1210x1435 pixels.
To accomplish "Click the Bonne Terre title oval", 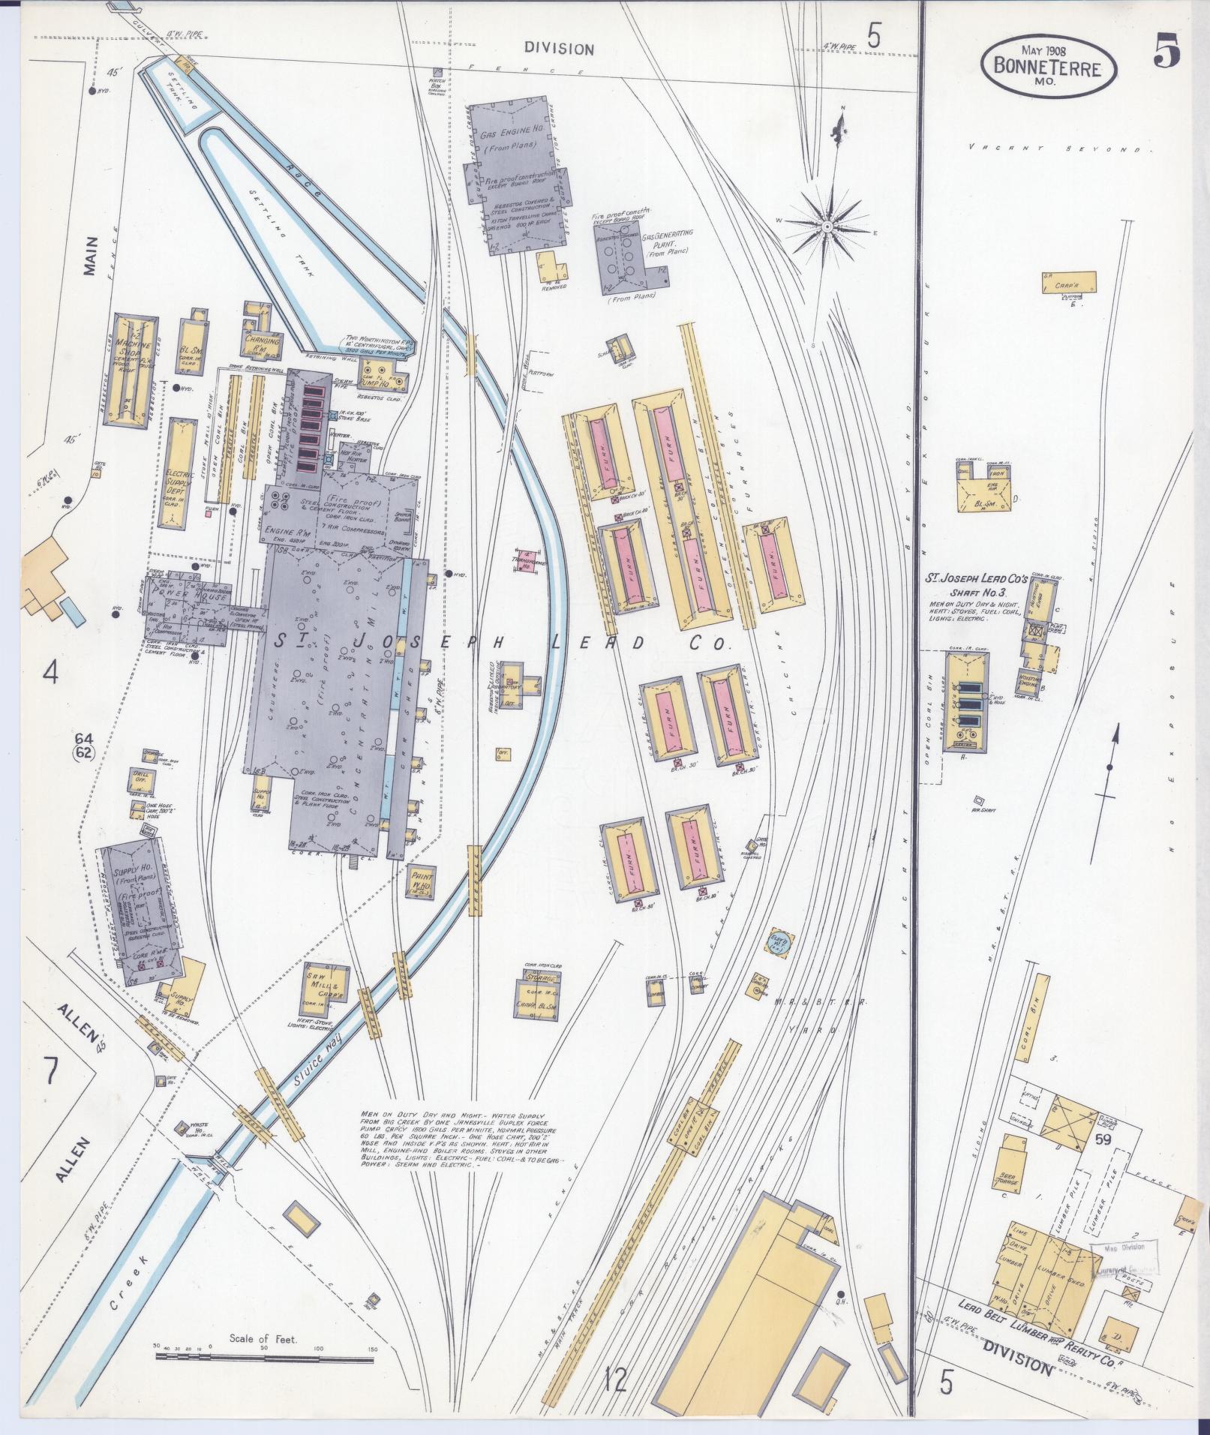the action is point(1047,68).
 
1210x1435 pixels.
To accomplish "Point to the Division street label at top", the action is point(559,49).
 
